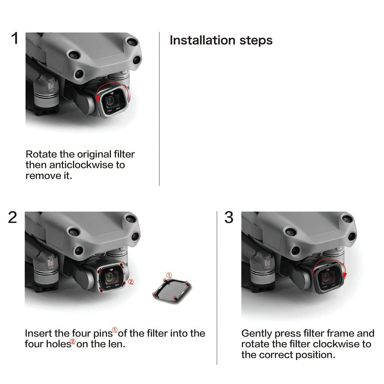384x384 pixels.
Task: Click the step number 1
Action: point(15,38)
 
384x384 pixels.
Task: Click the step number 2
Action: point(12,217)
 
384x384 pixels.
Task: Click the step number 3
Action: point(229,217)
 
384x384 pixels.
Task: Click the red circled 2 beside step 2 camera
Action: point(131,282)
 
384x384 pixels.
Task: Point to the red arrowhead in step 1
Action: point(97,99)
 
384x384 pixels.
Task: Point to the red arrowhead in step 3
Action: point(345,276)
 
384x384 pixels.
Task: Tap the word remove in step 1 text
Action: point(42,175)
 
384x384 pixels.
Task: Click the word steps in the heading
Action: point(256,40)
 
